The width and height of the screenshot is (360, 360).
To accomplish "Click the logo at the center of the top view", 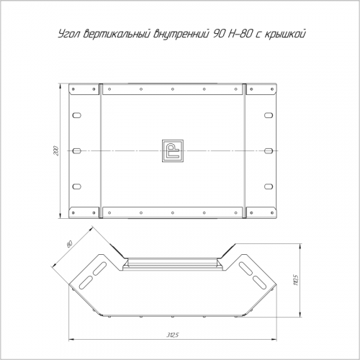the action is click(x=173, y=150).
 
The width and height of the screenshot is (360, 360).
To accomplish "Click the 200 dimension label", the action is click(x=56, y=150).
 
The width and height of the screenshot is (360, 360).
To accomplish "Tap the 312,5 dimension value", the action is click(x=173, y=336).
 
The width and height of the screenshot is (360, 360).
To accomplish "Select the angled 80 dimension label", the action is click(x=69, y=244).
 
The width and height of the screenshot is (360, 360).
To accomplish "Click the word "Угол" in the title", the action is click(x=69, y=35).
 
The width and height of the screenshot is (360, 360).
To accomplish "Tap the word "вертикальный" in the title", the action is click(x=117, y=34).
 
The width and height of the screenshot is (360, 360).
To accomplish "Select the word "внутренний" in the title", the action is click(x=181, y=34).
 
